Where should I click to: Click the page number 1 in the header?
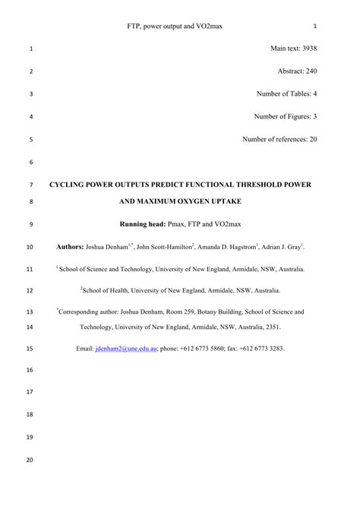click(314, 26)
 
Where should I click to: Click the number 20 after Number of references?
click(312, 140)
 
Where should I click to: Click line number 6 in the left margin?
click(30, 163)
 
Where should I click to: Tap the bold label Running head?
click(146, 226)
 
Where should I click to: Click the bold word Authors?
click(72, 247)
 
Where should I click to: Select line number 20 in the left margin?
click(30, 460)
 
